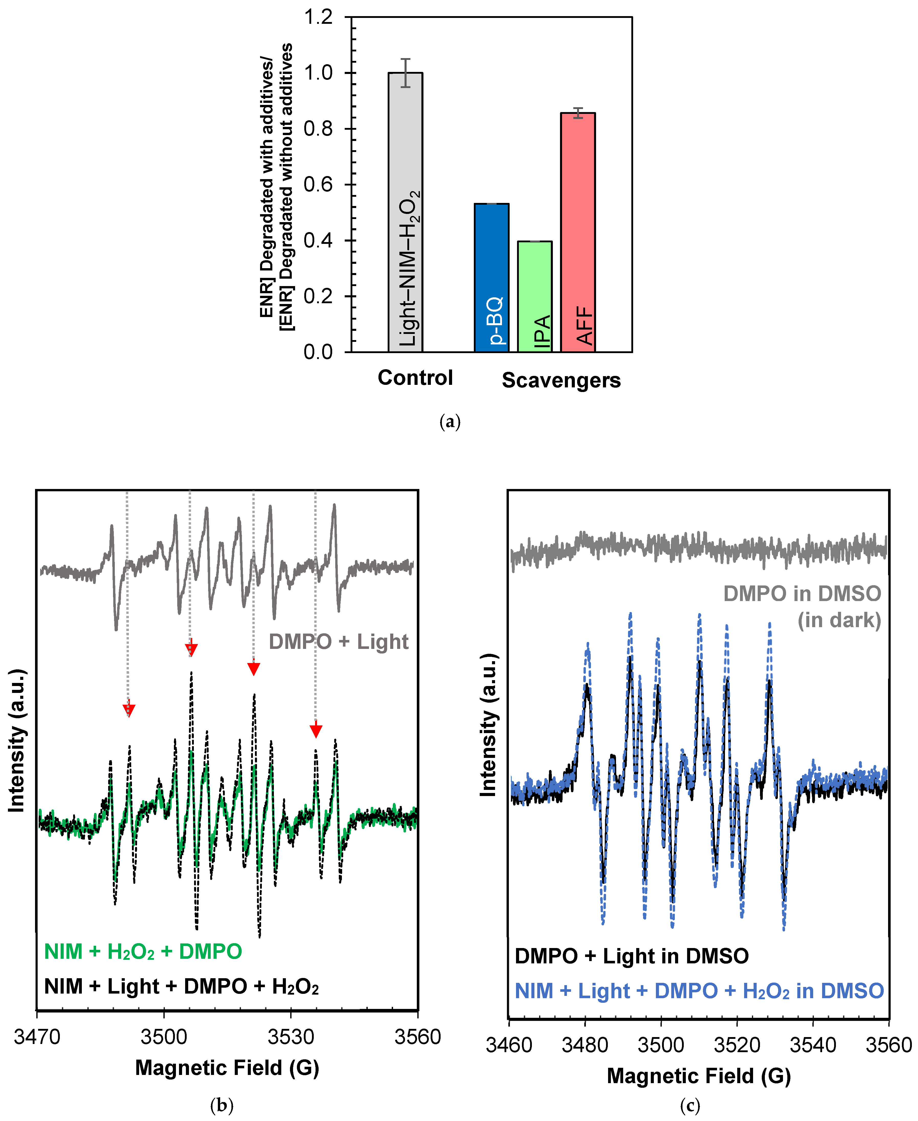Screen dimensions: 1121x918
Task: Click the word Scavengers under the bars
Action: click(561, 380)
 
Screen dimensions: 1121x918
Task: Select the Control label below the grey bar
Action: click(415, 378)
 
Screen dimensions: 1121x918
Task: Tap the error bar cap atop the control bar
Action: click(405, 59)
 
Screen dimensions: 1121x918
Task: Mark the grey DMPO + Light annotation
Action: click(339, 642)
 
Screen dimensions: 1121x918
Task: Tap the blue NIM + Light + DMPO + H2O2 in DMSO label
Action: click(699, 991)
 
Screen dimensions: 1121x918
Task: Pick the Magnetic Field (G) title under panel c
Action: click(699, 1076)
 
